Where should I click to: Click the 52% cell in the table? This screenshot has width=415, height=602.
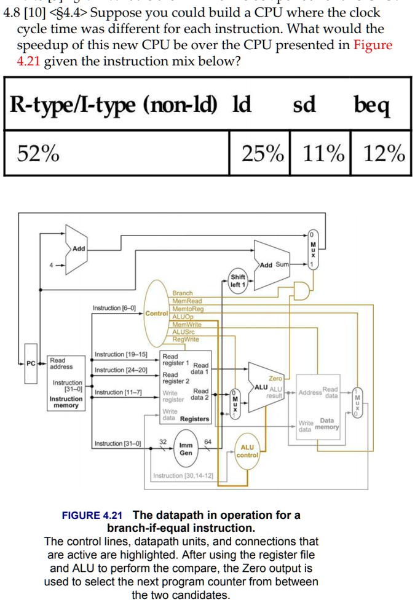coord(38,153)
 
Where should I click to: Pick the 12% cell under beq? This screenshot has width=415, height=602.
coord(382,153)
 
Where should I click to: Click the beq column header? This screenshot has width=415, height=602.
coord(372,105)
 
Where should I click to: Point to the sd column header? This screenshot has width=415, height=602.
coord(304,105)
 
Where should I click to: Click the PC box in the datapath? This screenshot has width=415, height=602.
coord(31,363)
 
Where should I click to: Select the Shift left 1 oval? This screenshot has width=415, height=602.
coord(237,280)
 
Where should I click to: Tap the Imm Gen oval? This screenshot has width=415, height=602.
coord(186,449)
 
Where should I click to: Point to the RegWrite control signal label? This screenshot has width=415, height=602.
coord(185,339)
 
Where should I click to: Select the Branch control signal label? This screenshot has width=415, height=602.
coord(183,293)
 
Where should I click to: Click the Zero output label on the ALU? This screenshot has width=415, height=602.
coord(275,379)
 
